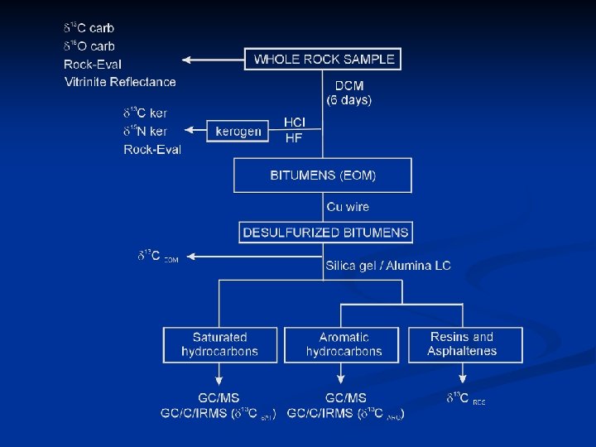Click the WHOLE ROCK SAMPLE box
[323, 59]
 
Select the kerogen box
[238, 131]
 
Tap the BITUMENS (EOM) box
[323, 175]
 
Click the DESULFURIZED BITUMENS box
[325, 233]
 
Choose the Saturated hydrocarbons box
[219, 344]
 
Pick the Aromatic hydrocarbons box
[344, 344]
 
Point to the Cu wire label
[348, 207]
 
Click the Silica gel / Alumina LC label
[388, 266]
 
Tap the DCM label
[348, 86]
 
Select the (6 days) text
[349, 100]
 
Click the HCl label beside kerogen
[295, 123]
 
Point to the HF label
[294, 138]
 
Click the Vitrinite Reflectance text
[120, 82]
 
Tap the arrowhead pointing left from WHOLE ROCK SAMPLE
[187, 60]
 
